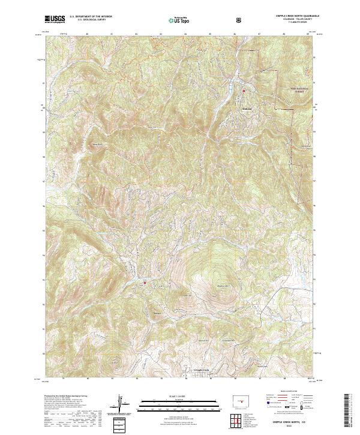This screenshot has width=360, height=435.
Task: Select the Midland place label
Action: pyautogui.click(x=238, y=110)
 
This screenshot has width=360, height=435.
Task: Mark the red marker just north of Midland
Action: pyautogui.click(x=244, y=91)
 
